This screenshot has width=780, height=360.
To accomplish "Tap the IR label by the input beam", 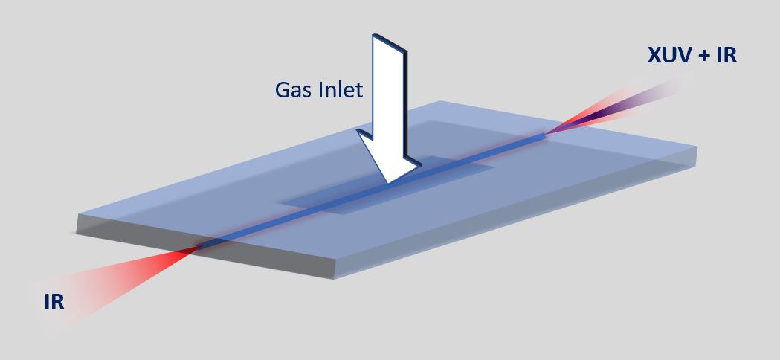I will tap(54, 302).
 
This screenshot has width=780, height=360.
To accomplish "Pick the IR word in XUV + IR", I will tap(724, 54).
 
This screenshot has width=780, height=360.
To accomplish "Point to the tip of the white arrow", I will tap(390, 183).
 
